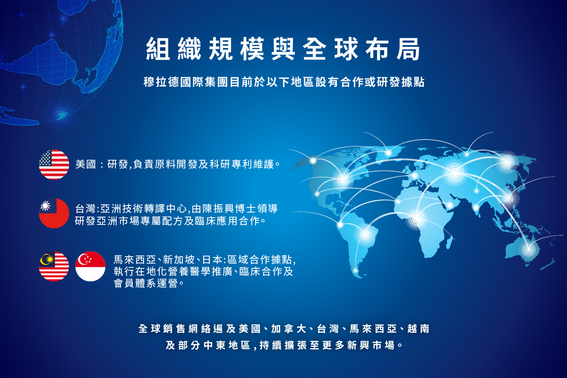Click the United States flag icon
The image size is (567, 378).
(54, 164)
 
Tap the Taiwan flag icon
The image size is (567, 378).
(54, 213)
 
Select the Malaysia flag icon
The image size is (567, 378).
(54, 266)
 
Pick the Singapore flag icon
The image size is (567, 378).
(90, 266)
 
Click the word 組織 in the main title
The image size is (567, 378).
(174, 49)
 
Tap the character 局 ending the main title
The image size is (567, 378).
(408, 49)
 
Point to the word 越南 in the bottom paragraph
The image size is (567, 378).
(419, 329)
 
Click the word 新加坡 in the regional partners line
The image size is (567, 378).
(179, 259)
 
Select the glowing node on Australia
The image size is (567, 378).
(529, 249)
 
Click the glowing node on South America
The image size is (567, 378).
(365, 234)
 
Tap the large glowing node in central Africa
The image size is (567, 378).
(416, 218)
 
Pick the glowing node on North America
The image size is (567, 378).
(343, 180)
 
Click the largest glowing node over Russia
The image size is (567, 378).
(455, 173)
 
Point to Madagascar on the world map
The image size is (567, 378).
(449, 242)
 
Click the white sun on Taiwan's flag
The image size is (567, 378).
(45, 206)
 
